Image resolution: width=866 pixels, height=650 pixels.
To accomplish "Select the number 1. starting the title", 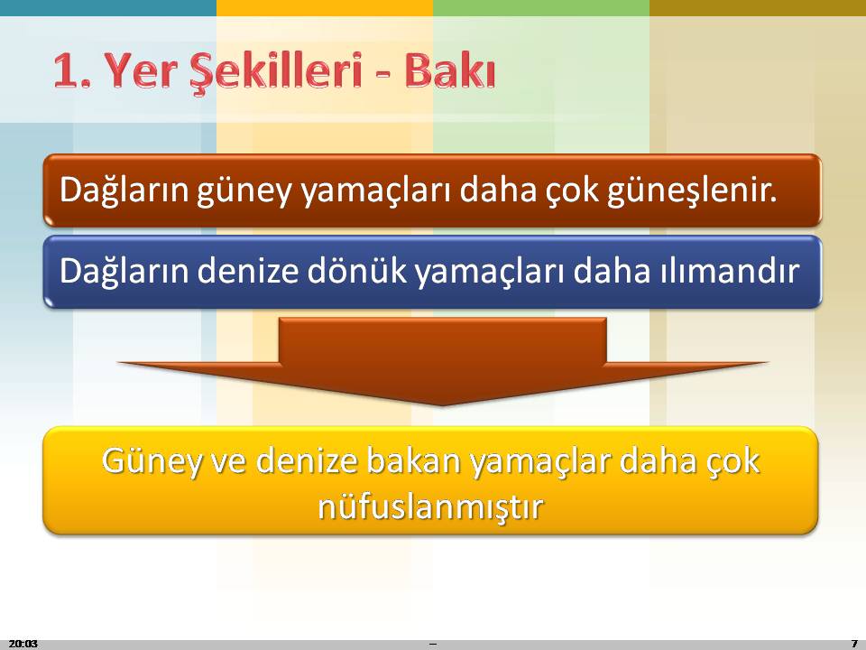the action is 72,70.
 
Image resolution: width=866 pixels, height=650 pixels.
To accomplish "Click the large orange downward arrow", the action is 442,360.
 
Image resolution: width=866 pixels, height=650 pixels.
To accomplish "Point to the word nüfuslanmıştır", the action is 431,506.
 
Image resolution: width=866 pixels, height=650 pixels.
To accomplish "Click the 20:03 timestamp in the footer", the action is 23,644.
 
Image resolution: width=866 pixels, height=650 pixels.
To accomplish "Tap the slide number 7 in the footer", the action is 854,644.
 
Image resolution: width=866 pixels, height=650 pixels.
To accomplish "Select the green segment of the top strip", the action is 541,8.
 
